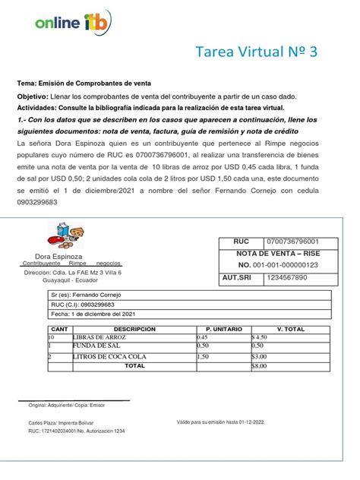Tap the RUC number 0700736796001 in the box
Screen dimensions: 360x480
click(292, 241)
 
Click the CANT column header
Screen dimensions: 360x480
click(58, 329)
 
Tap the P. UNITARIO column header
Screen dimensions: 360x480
click(223, 329)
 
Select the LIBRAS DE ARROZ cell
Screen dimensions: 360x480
click(100, 337)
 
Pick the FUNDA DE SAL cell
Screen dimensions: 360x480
click(94, 346)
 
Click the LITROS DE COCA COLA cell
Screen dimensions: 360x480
click(109, 356)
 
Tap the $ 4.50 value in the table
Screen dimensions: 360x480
click(260, 337)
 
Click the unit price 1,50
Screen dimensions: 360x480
click(203, 356)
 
